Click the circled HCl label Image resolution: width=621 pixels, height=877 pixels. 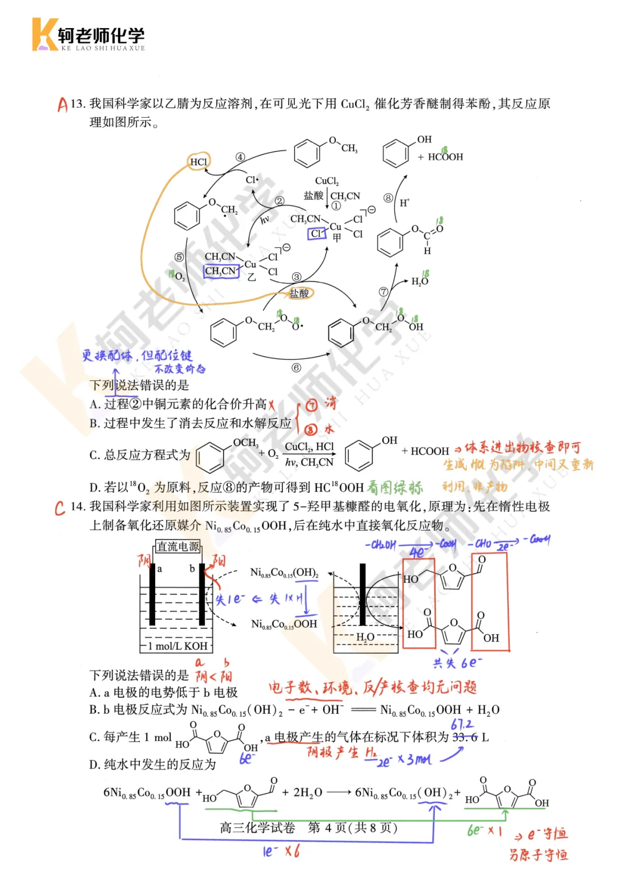199,162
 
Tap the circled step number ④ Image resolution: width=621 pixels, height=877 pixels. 240,157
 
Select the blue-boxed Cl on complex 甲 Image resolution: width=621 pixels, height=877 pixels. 316,234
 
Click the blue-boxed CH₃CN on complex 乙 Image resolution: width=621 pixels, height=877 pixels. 221,271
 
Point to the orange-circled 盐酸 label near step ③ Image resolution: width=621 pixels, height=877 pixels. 300,293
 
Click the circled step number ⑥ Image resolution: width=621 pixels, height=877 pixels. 296,368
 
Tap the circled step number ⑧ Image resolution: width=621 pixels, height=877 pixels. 389,198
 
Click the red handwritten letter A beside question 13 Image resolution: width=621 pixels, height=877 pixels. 62,105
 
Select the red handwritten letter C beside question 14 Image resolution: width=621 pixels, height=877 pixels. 60,508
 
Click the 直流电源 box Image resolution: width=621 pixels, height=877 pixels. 178,547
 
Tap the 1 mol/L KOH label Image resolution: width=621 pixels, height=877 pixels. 177,646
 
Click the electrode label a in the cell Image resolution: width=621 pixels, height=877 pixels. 160,569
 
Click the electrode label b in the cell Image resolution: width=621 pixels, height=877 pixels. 192,569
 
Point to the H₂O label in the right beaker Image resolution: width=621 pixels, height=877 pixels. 365,637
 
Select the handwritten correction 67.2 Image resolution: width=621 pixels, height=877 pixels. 462,725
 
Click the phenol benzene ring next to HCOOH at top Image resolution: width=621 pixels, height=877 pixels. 396,154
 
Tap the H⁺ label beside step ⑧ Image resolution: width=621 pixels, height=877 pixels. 404,203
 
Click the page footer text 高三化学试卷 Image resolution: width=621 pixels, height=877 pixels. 257,828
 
